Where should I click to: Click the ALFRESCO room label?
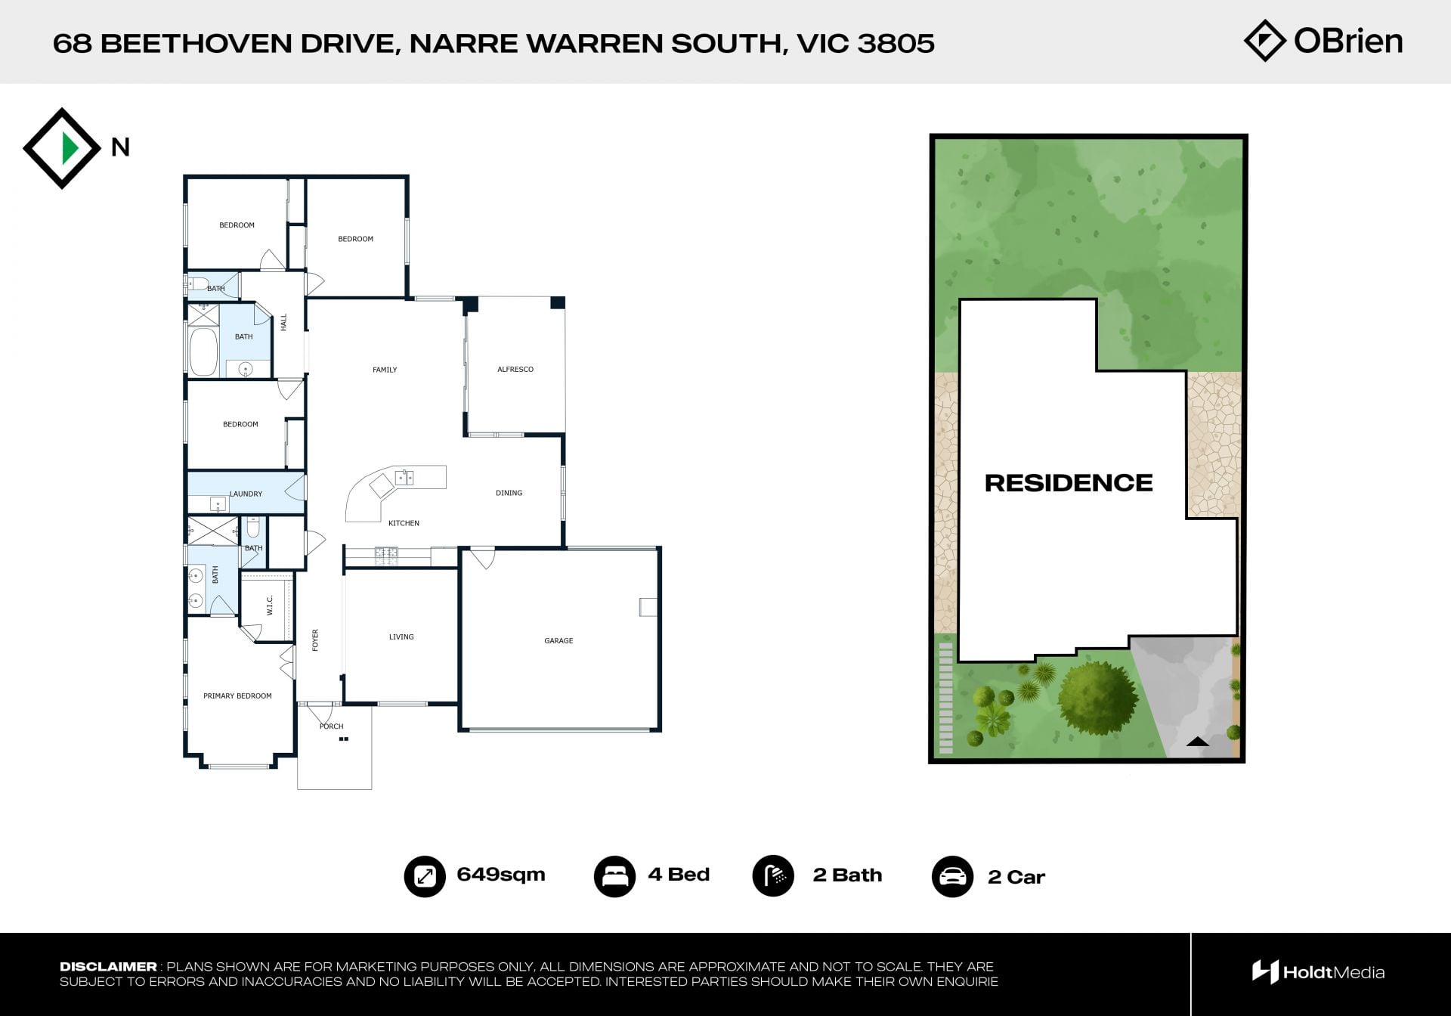[515, 370]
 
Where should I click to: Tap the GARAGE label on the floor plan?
[558, 641]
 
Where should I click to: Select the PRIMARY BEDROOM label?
[237, 696]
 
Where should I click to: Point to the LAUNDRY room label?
[246, 494]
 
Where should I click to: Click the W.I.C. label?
[270, 605]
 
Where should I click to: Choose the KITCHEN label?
[404, 523]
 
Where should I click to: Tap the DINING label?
[509, 493]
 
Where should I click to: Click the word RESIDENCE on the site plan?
[1069, 483]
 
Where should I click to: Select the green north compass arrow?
[70, 147]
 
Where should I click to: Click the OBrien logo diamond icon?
[1265, 41]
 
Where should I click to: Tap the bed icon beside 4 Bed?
[614, 876]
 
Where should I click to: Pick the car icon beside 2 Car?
[952, 877]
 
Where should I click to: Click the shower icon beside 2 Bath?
[773, 875]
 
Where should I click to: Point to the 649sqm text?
[501, 875]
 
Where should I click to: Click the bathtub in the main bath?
[203, 352]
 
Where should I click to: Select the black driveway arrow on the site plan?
[1198, 742]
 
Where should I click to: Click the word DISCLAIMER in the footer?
[108, 967]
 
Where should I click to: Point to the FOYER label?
[316, 640]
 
